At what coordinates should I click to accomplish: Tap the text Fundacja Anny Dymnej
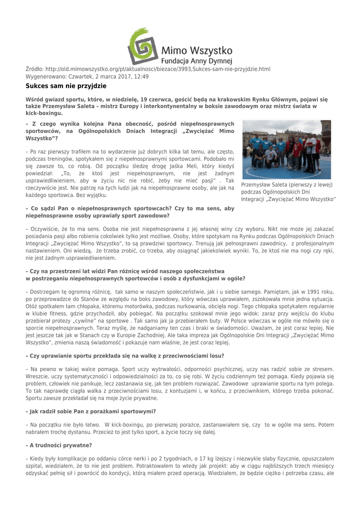(197, 62)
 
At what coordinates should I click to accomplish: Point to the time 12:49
(140, 76)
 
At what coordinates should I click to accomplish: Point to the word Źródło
(34, 68)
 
